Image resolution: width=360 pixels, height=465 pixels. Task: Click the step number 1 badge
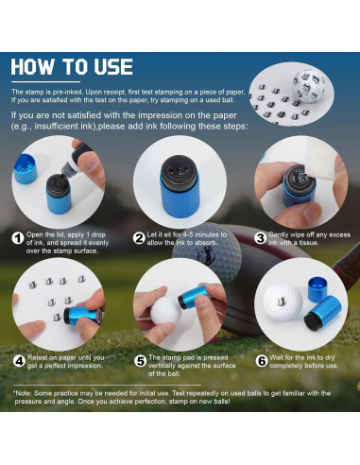[18, 238]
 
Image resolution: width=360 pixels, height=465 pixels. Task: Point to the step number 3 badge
[260, 238]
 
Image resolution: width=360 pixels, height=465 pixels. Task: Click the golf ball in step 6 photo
[283, 306]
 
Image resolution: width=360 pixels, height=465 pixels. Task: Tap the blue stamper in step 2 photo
[180, 194]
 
